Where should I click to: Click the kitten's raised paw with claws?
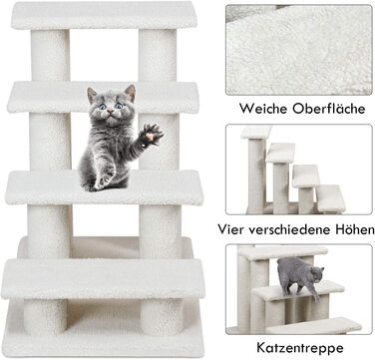coord(152,134)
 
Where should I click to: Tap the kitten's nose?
coord(110,113)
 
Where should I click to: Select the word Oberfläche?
coord(329,109)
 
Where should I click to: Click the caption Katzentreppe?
coord(300,348)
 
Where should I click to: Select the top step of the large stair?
coord(104,15)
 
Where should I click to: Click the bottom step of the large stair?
coord(103,278)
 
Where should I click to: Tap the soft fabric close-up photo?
coord(299,50)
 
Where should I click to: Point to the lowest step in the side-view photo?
coord(330,198)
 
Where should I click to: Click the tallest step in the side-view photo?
coord(256,132)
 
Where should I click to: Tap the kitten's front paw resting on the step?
coord(105,180)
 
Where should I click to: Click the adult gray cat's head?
coord(316,273)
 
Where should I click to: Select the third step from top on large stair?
coord(104,187)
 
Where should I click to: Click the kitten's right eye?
coord(102,107)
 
